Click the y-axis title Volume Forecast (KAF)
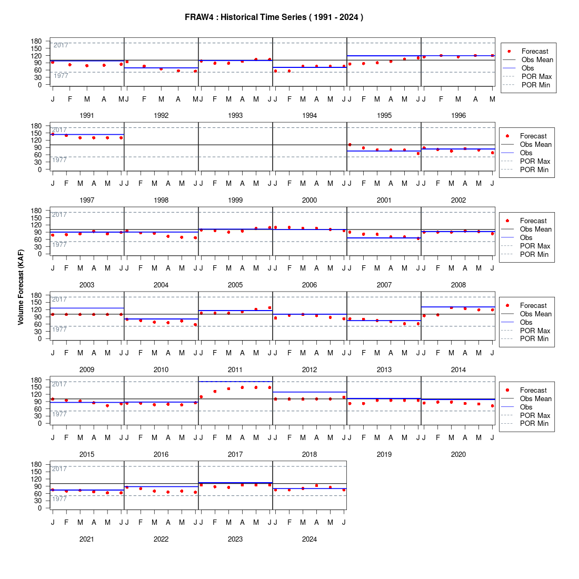tap(21, 287)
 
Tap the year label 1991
tap(87, 116)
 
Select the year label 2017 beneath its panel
tap(235, 455)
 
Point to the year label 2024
tap(310, 540)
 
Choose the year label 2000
tap(310, 200)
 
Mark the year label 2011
tap(235, 370)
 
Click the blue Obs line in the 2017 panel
tap(236, 382)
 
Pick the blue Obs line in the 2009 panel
tap(87, 308)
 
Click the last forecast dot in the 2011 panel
tap(269, 307)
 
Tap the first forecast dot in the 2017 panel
tap(201, 397)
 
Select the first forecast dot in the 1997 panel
tap(53, 134)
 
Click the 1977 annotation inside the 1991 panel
tap(61, 76)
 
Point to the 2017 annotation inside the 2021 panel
tap(59, 469)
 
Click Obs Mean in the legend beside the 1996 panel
tap(537, 60)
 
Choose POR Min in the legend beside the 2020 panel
tap(534, 424)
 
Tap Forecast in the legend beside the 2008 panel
tap(533, 221)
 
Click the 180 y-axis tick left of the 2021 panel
tap(36, 465)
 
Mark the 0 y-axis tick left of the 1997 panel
tap(39, 169)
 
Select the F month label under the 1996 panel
tap(441, 99)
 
